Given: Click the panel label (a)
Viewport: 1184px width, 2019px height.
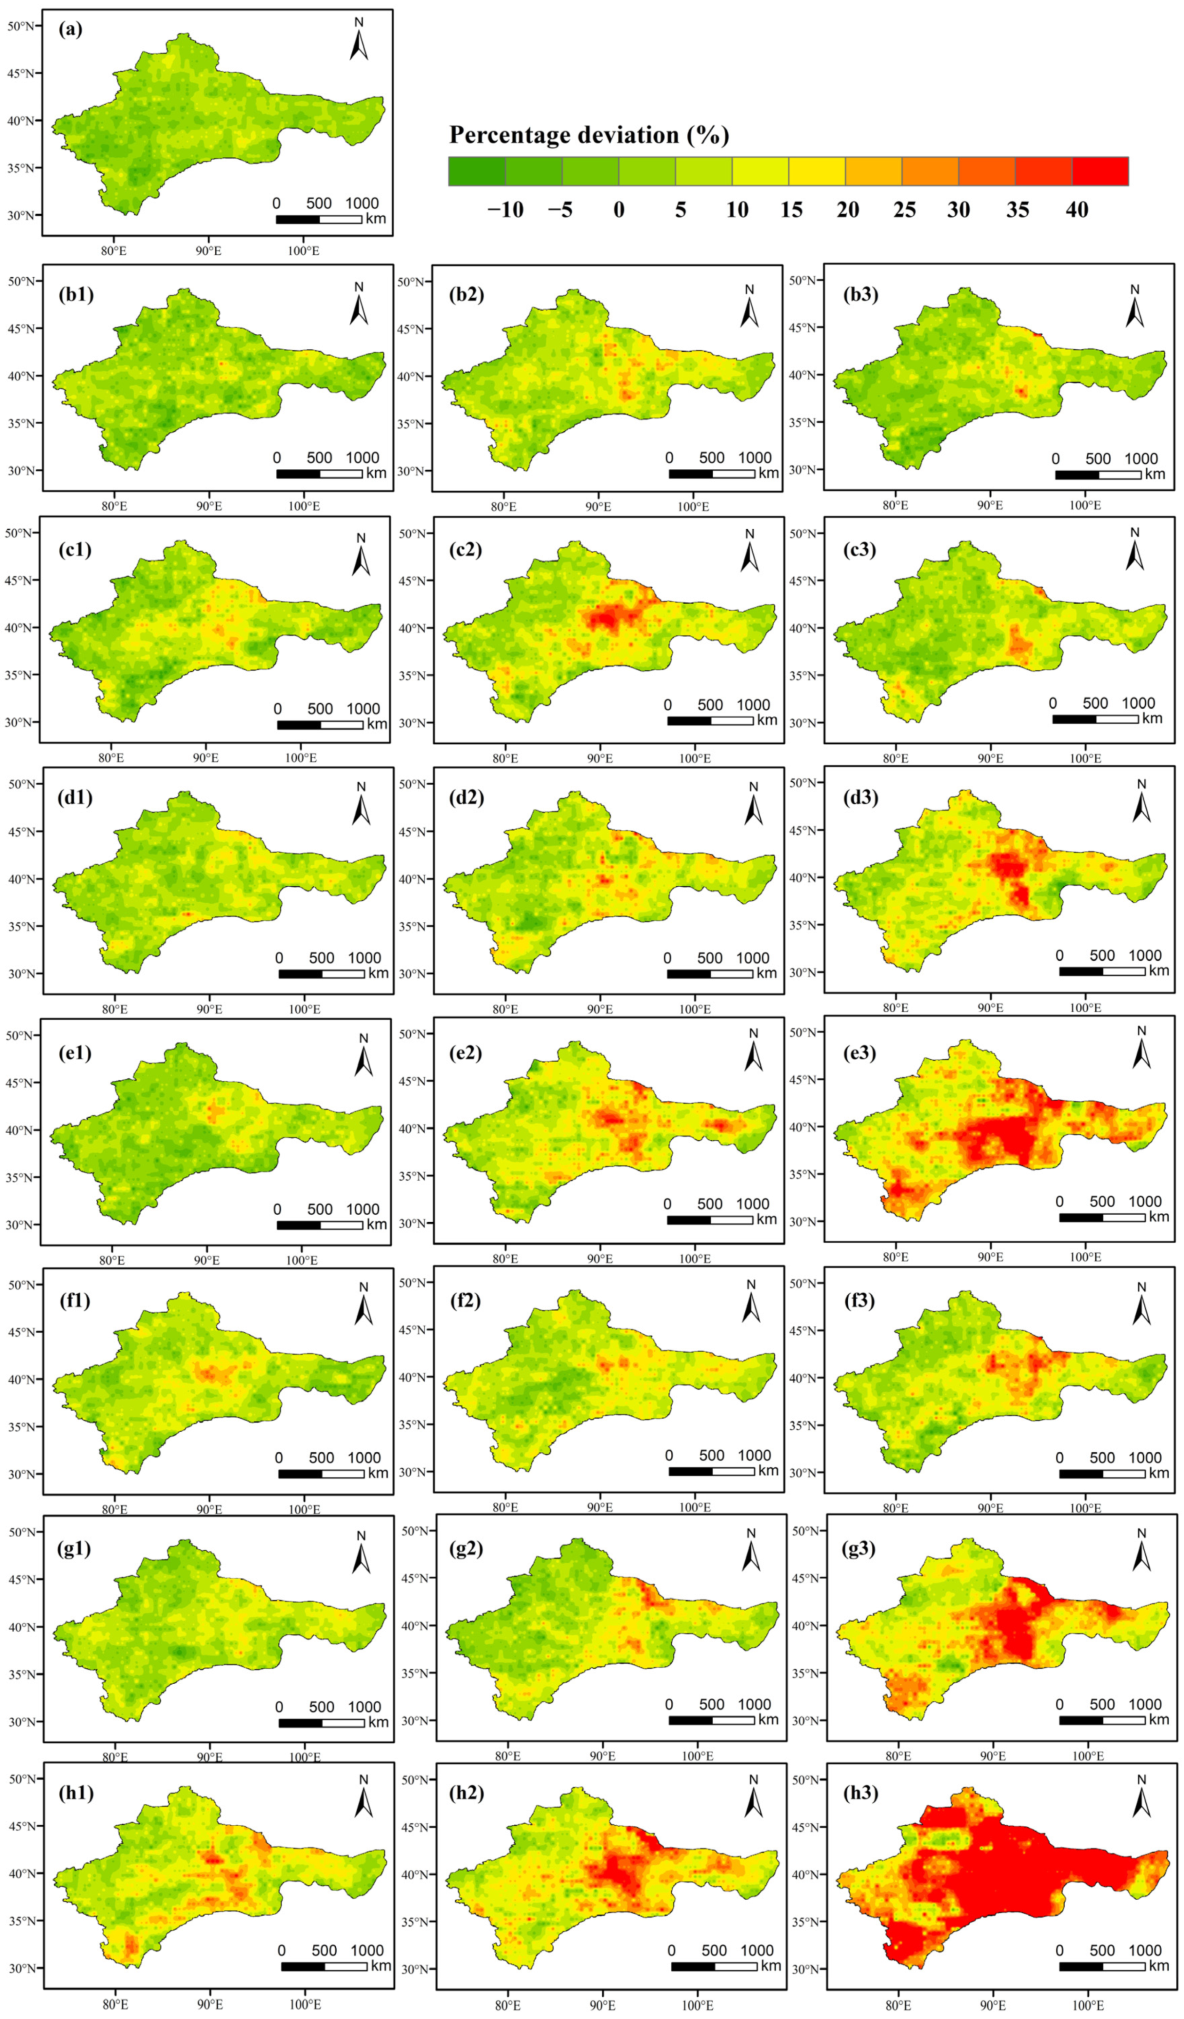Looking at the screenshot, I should (71, 30).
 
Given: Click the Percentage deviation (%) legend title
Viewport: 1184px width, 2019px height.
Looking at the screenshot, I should (589, 135).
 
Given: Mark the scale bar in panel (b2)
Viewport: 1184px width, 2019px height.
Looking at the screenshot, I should (711, 473).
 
